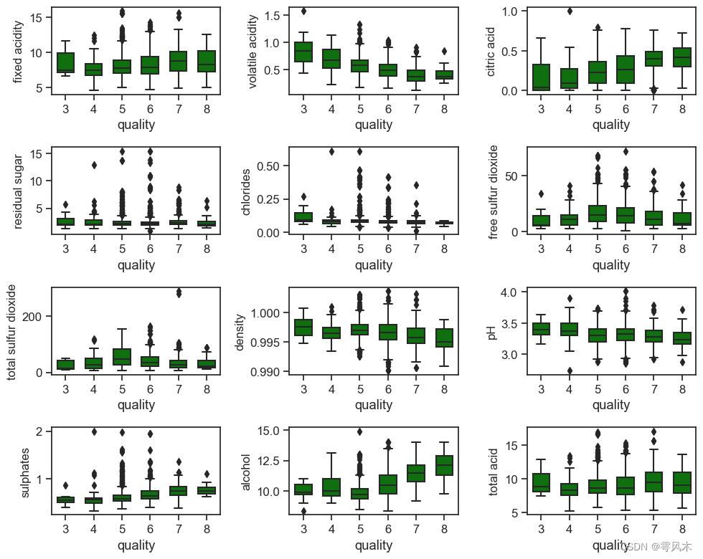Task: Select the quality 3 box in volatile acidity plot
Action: coord(303,52)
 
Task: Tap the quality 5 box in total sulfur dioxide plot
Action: coord(122,357)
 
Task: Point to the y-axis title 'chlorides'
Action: coord(246,191)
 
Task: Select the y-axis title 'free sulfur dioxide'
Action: coord(493,191)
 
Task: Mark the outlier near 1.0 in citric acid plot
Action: coord(569,11)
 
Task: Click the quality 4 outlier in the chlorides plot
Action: coord(331,151)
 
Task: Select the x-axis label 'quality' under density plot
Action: coord(374,405)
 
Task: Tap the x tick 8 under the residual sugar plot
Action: coord(207,249)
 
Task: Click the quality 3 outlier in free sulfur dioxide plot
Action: coord(540,193)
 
